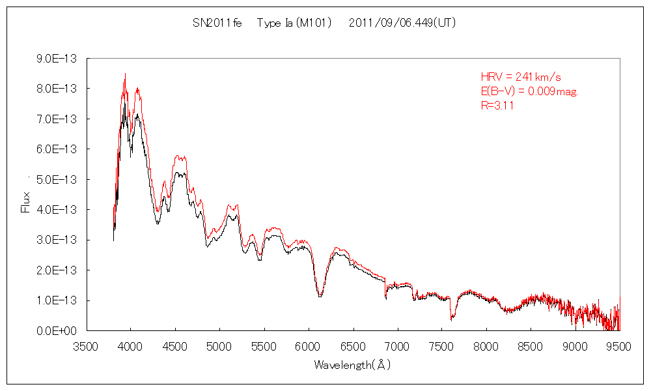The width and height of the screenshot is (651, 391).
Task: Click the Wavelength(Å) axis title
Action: click(x=352, y=365)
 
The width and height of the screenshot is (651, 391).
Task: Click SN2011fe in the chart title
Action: click(x=217, y=23)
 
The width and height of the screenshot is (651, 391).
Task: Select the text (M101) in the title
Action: click(x=314, y=23)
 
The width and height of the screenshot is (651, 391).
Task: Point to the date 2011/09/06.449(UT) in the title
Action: click(x=402, y=23)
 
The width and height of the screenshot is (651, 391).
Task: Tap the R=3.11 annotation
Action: click(x=497, y=106)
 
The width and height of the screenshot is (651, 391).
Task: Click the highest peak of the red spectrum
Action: click(x=125, y=74)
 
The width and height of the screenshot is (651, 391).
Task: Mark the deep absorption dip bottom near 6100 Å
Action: click(x=320, y=296)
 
